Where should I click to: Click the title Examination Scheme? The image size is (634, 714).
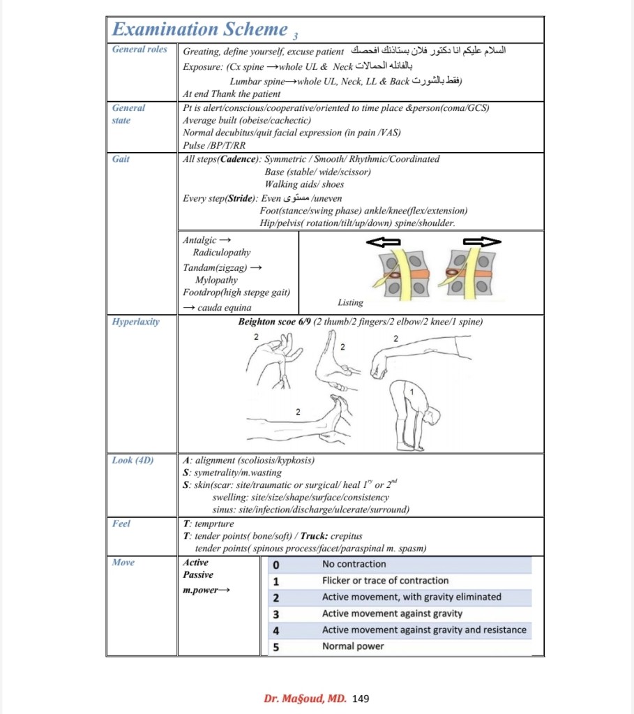(200, 29)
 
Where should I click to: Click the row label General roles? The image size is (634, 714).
(139, 49)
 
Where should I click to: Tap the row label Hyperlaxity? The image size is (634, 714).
(135, 322)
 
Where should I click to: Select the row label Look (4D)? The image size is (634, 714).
(133, 460)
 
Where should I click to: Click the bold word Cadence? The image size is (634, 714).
(238, 159)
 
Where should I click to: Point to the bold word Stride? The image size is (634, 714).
(241, 198)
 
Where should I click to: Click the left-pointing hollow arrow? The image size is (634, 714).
(383, 241)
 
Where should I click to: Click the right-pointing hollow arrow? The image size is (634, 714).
(482, 241)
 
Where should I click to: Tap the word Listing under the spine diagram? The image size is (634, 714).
(350, 302)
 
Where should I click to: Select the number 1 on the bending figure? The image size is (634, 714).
(412, 392)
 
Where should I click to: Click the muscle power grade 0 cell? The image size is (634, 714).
(276, 565)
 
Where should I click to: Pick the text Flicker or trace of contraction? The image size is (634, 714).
(385, 581)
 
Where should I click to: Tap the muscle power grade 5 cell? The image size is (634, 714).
(276, 647)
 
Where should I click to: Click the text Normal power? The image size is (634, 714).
(353, 646)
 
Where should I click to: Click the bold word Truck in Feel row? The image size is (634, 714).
(314, 536)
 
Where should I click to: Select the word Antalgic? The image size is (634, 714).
(199, 240)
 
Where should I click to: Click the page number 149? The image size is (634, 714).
(361, 699)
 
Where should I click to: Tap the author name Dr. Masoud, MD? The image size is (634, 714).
(305, 699)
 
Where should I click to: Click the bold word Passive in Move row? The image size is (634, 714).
(198, 574)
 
